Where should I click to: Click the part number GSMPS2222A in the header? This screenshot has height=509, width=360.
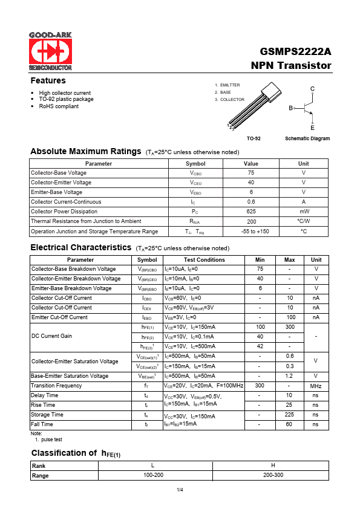pyautogui.click(x=296, y=52)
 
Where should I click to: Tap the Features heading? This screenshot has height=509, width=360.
pyautogui.click(x=48, y=80)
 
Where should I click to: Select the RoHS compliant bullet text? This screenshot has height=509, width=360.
pyautogui.click(x=59, y=106)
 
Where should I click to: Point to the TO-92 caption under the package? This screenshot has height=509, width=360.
pyautogui.click(x=254, y=138)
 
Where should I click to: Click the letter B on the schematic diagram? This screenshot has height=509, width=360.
pyautogui.click(x=290, y=108)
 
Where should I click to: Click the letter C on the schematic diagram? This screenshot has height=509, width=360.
pyautogui.click(x=312, y=89)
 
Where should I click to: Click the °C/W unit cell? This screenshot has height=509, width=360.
pyautogui.click(x=303, y=221)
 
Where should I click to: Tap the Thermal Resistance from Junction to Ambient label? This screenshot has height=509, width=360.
pyautogui.click(x=86, y=221)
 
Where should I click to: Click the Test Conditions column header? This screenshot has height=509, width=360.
pyautogui.click(x=204, y=259)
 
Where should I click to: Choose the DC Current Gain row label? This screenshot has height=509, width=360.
pyautogui.click(x=51, y=336)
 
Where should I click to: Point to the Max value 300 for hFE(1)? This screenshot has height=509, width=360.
pyautogui.click(x=289, y=326)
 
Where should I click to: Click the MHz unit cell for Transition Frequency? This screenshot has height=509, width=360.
pyautogui.click(x=316, y=385)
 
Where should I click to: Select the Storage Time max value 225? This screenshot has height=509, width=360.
pyautogui.click(x=289, y=415)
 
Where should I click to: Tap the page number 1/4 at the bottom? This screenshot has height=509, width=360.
pyautogui.click(x=180, y=489)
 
